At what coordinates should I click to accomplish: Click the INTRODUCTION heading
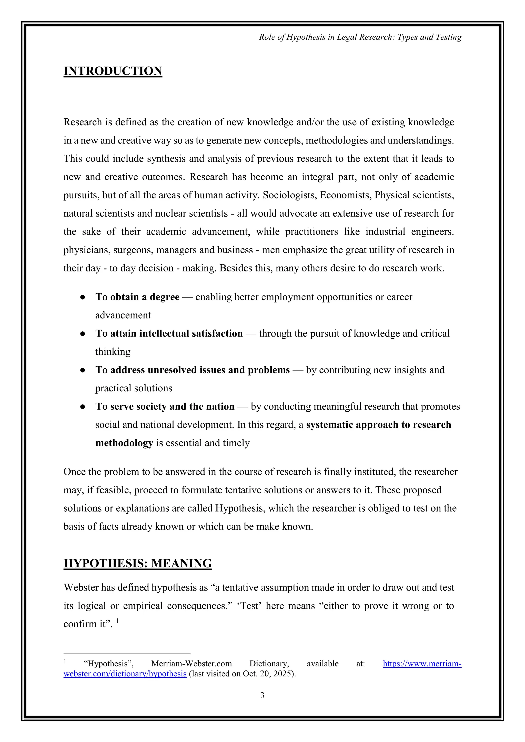pos(113,71)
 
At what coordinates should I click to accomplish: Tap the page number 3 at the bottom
pos(262,695)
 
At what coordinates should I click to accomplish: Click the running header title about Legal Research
pos(360,37)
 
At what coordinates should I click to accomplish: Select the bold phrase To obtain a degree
pos(137,297)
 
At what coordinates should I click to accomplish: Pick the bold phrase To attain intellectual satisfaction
pos(169,333)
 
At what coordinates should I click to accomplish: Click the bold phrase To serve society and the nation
pos(165,406)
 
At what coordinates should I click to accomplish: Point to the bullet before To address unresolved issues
pos(83,370)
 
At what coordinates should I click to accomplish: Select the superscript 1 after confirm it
pos(117,621)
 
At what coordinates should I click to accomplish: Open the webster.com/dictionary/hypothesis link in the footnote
pos(125,674)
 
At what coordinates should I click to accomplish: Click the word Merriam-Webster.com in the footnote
pos(191,664)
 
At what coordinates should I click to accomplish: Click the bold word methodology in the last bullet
pos(124,443)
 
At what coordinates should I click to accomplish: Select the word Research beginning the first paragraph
pos(83,122)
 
